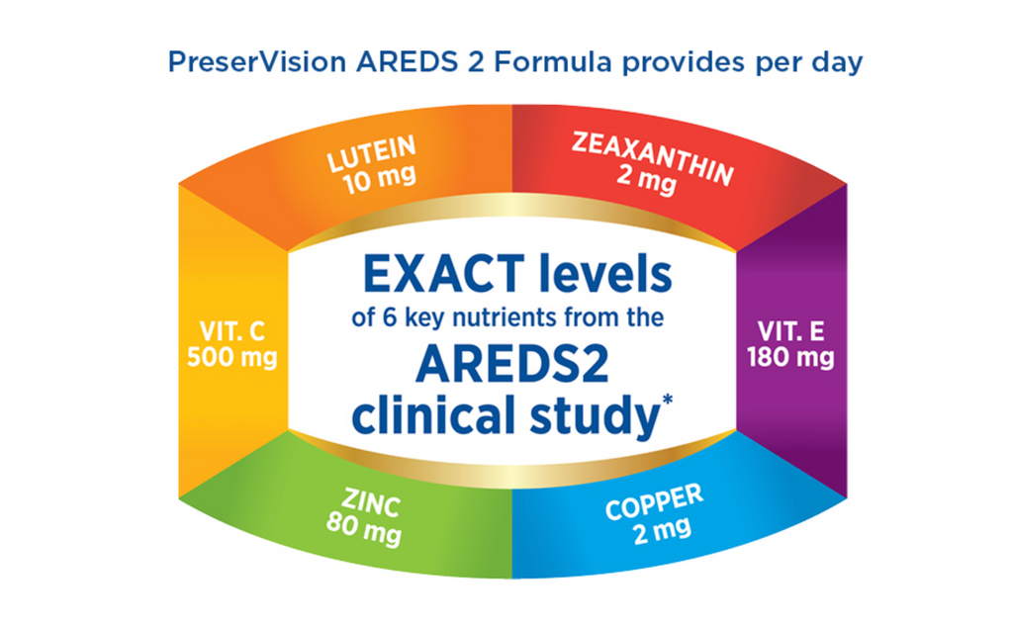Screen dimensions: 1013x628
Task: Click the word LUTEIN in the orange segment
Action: [x=372, y=153]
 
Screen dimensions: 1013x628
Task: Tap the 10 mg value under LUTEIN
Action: [x=379, y=179]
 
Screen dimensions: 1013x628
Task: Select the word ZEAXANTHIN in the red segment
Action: [x=653, y=158]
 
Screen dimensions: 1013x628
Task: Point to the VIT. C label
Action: [x=231, y=331]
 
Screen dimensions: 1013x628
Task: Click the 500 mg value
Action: [x=231, y=358]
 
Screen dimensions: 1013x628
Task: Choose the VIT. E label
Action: [x=790, y=331]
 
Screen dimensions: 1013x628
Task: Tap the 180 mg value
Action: [x=790, y=358]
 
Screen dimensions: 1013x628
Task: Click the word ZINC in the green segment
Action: [x=371, y=502]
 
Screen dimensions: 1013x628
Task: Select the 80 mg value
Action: [x=364, y=528]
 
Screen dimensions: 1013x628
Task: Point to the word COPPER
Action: [x=654, y=501]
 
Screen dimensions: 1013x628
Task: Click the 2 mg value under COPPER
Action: [x=662, y=531]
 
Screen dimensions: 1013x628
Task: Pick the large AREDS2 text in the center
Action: [x=512, y=364]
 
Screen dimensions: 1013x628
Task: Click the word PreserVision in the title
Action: [x=257, y=62]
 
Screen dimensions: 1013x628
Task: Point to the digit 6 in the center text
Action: [x=390, y=317]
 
